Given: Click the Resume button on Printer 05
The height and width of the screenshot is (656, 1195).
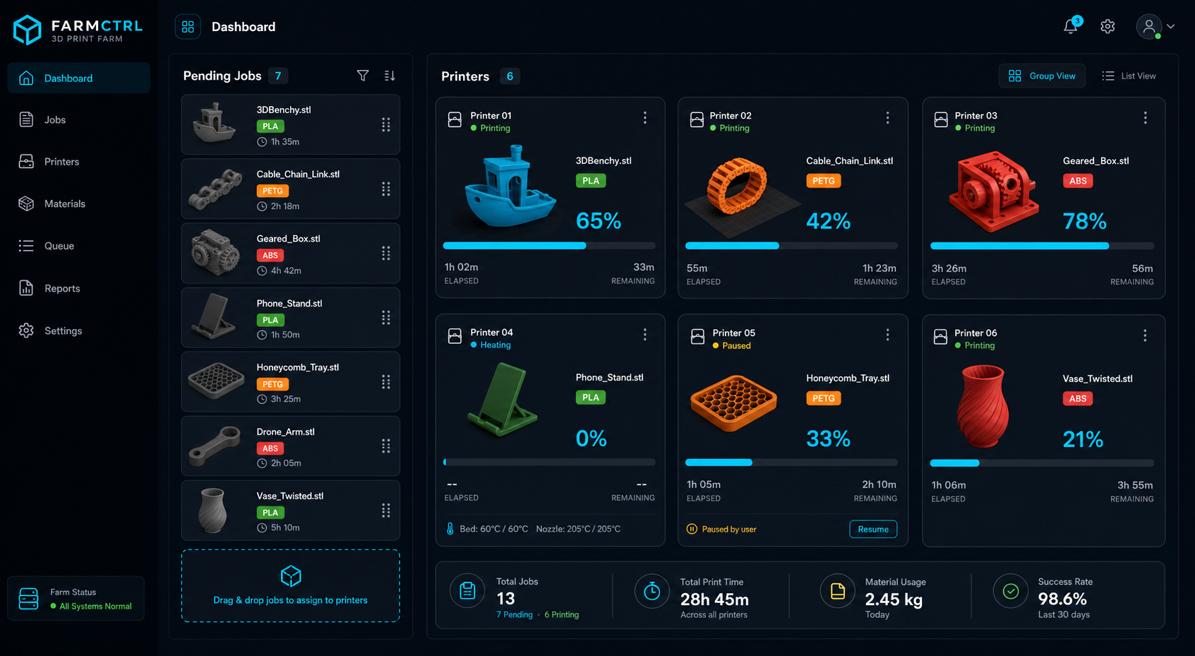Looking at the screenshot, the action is (x=872, y=529).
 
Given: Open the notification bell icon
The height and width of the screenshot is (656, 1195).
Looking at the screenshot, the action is (x=1071, y=26).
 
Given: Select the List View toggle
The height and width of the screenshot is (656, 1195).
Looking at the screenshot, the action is (x=1129, y=76).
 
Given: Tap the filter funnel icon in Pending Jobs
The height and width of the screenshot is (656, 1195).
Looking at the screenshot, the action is (x=363, y=76).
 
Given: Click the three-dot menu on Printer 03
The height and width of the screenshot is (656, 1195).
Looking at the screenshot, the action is (x=1145, y=118).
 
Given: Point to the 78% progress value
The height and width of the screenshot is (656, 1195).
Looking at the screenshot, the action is (x=1085, y=221).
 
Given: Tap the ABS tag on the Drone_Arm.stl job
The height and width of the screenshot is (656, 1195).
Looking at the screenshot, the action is (x=270, y=448).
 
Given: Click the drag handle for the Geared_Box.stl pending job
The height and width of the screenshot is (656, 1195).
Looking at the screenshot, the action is (x=385, y=254).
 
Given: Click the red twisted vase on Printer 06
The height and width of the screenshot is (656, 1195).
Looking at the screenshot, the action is (x=983, y=406).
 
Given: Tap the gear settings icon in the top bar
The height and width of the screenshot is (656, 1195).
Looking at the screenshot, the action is (x=1107, y=26).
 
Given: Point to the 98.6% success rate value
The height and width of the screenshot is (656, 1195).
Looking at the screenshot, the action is (x=1062, y=598).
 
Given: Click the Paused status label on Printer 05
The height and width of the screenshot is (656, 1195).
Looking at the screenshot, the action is (x=736, y=345).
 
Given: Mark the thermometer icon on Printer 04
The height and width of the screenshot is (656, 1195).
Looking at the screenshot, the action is (x=450, y=528).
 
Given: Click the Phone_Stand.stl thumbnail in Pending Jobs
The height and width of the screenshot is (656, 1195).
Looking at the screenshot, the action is (x=215, y=316).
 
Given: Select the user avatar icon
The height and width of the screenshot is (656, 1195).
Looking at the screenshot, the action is (x=1149, y=26).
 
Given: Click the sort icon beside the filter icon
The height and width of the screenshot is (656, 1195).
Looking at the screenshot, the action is (x=390, y=76).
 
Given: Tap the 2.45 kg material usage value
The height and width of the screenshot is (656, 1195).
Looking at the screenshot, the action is (x=894, y=600).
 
